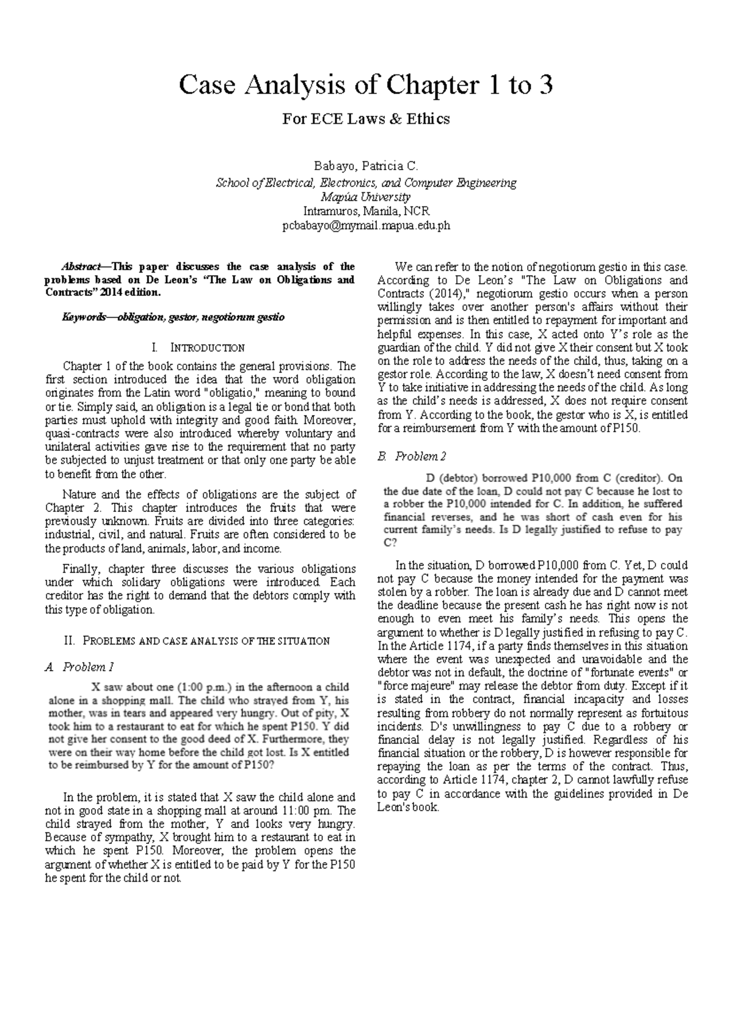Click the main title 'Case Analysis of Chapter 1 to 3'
[365, 85]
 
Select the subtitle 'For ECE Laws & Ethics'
[365, 119]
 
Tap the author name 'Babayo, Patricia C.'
[366, 166]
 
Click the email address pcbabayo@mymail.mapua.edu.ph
[366, 225]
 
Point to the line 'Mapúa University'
[366, 197]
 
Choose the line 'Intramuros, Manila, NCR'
[366, 211]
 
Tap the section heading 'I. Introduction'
[200, 348]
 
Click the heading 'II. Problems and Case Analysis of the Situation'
[197, 641]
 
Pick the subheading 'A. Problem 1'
[79, 667]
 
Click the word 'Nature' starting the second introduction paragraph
[79, 494]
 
